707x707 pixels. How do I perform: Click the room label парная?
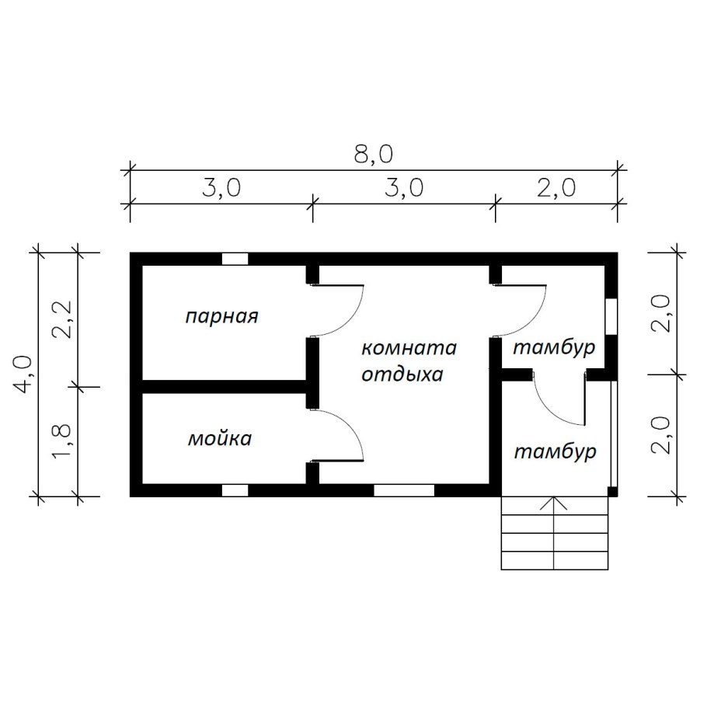click(x=221, y=316)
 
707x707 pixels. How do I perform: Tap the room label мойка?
click(x=220, y=439)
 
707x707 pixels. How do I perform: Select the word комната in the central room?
click(x=409, y=348)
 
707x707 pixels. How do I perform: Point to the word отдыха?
click(x=402, y=375)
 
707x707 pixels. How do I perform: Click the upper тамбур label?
click(x=554, y=348)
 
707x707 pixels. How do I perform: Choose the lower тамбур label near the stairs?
click(x=555, y=451)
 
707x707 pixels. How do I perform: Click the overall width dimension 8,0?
click(x=374, y=154)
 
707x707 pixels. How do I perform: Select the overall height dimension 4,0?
click(x=24, y=374)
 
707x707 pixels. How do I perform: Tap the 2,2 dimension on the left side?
click(x=62, y=319)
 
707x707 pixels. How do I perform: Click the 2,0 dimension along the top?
click(x=556, y=187)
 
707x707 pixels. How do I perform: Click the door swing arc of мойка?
click(x=351, y=425)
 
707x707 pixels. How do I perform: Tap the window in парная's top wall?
click(x=235, y=259)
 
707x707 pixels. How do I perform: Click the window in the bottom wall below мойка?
click(x=235, y=490)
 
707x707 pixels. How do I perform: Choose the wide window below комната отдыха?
click(x=404, y=490)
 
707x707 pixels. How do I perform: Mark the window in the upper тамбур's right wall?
click(x=611, y=316)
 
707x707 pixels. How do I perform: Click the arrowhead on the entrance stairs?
click(x=554, y=503)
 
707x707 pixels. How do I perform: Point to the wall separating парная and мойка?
click(x=224, y=386)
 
